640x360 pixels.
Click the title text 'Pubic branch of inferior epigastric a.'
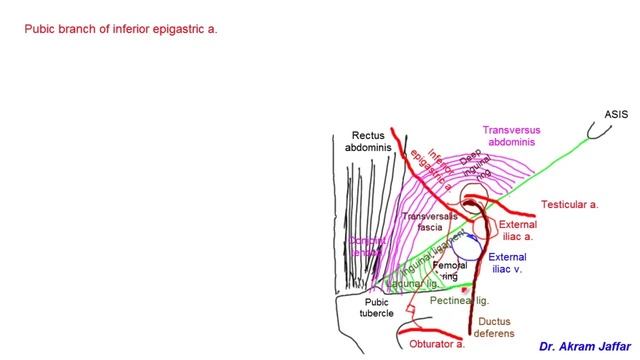pos(120,29)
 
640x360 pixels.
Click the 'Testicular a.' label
pos(569,205)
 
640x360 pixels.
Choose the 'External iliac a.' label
pos(517,231)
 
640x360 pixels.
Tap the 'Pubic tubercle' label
pos(375,307)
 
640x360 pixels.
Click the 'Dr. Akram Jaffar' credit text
pos(577,345)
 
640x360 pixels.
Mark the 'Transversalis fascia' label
pos(431,222)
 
